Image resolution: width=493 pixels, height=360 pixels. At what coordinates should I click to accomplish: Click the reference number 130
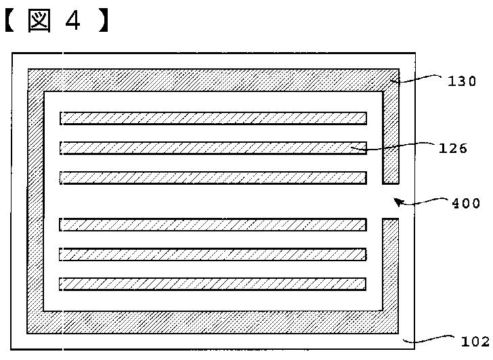click(462, 82)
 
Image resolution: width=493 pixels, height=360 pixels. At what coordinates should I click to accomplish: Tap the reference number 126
click(453, 148)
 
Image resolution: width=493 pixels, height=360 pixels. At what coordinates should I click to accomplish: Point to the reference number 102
click(475, 342)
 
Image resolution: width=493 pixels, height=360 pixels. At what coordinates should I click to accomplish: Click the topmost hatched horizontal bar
click(213, 118)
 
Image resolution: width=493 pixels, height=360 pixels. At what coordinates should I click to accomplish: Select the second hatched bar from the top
click(213, 148)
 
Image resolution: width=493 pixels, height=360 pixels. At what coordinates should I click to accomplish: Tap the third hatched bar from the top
click(213, 177)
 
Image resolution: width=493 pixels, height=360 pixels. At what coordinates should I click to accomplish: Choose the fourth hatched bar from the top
click(213, 224)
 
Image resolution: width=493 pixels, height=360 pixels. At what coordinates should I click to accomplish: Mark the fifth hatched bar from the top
click(213, 254)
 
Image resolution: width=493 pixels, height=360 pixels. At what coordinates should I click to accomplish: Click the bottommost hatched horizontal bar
click(213, 284)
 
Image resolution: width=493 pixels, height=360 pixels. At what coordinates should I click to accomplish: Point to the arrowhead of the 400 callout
click(398, 201)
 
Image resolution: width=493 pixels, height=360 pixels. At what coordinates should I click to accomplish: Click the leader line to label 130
click(420, 80)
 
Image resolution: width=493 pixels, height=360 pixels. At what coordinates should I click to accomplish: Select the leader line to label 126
click(400, 147)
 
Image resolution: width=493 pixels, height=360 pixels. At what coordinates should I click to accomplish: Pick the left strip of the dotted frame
click(35, 203)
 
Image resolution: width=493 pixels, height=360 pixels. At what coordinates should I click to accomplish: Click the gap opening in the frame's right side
click(391, 201)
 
